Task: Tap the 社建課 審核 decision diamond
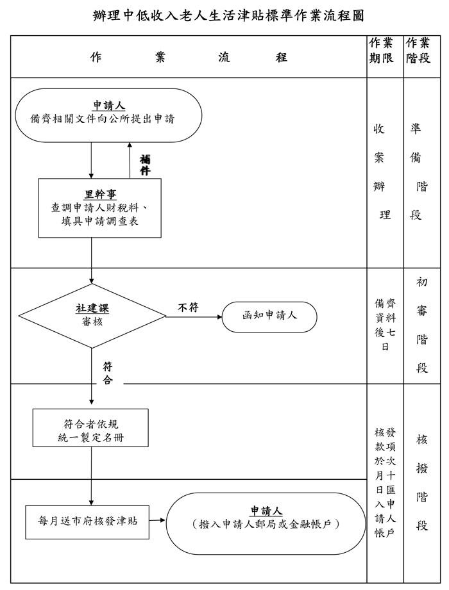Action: (92, 315)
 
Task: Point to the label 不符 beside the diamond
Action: (188, 308)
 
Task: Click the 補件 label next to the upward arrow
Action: (145, 165)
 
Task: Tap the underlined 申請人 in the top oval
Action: (108, 106)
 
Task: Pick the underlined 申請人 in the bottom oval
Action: (266, 511)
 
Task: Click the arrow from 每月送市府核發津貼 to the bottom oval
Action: (157, 520)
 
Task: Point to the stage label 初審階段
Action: (421, 325)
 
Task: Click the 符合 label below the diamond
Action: (108, 373)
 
